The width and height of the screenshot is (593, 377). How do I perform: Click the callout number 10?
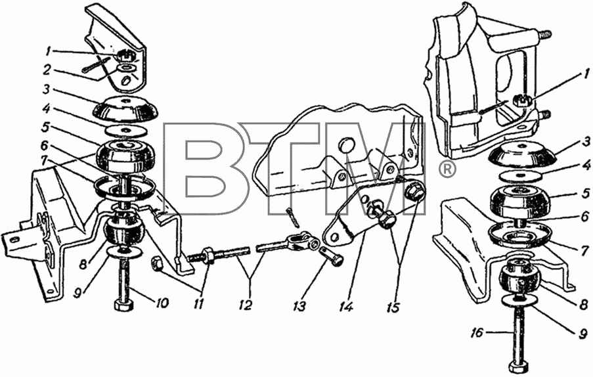tap(161, 303)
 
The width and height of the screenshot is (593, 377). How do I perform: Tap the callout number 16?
tap(477, 333)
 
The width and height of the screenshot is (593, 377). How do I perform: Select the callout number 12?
tap(246, 305)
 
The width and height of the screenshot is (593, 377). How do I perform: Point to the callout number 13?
tap(299, 306)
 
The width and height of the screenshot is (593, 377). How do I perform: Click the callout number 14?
tap(346, 306)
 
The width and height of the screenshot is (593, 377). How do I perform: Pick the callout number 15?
tap(393, 307)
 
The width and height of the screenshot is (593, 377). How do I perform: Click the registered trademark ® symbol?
tap(447, 170)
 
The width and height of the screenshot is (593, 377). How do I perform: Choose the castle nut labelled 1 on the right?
tap(522, 100)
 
